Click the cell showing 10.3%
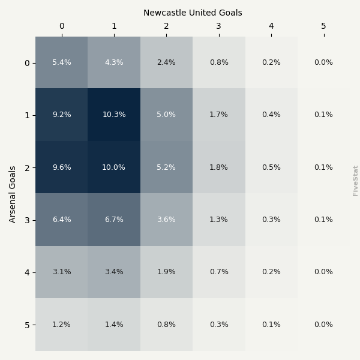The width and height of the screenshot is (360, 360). [x=114, y=115]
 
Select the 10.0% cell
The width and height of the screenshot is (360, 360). [x=114, y=167]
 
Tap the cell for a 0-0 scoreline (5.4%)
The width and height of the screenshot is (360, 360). [x=61, y=62]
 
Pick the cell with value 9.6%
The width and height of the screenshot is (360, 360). [x=61, y=167]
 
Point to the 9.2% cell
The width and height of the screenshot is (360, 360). [x=61, y=115]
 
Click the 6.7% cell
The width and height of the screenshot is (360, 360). [x=114, y=220]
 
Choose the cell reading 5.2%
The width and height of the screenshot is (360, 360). [x=166, y=167]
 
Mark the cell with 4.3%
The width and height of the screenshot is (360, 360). [x=114, y=62]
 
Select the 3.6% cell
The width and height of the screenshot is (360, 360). [x=166, y=220]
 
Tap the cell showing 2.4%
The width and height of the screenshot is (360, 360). [x=166, y=62]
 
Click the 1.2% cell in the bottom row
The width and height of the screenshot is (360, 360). [x=61, y=325]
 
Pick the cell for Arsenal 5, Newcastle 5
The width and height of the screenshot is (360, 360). [x=323, y=325]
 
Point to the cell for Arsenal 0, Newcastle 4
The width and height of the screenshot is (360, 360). [x=271, y=62]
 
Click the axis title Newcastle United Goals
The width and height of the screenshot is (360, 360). [x=193, y=13]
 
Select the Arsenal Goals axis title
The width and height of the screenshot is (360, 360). [x=13, y=194]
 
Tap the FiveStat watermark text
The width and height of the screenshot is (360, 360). [x=355, y=181]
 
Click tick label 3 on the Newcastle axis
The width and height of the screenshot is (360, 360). [x=218, y=26]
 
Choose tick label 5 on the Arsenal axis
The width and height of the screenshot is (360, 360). [x=27, y=325]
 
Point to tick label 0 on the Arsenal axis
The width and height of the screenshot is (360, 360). [x=27, y=63]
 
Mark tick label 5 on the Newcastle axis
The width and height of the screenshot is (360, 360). [x=323, y=26]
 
